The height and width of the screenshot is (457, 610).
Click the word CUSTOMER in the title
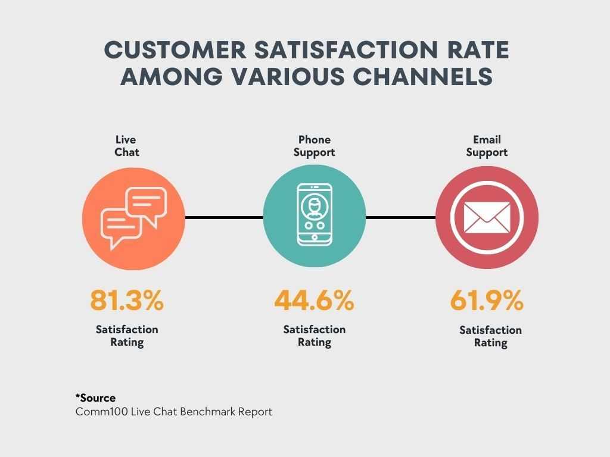pos(176,50)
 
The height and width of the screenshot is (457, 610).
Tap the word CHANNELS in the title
pos(423,76)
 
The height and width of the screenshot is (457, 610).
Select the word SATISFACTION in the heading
pos(346,50)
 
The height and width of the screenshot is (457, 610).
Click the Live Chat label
pos(126,146)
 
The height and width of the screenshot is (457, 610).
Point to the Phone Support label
pos(315,146)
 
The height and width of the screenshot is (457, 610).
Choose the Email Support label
pos(487,146)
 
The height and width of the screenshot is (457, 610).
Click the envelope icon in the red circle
pos(487,218)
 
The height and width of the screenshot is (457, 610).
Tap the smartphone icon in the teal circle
pos(315,215)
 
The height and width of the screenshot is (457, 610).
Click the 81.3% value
pos(127,301)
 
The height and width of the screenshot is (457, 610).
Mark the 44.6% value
pos(315,301)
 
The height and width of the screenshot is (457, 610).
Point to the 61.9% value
pos(487,301)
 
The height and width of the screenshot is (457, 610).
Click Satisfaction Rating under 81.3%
pos(127,336)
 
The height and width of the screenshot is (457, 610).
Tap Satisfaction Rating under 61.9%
pos(491,337)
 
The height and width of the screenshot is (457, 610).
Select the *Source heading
pos(95,398)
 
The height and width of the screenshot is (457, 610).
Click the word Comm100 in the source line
pos(101,412)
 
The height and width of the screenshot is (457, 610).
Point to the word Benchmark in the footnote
pos(208,412)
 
